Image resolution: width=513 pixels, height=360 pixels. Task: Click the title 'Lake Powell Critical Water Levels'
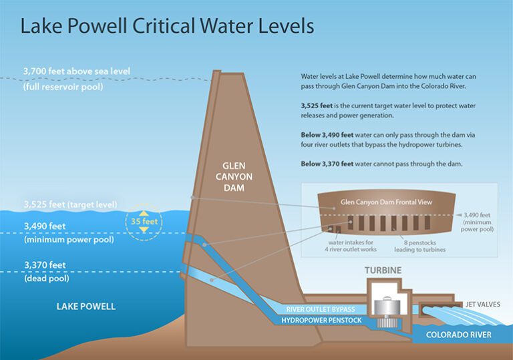(167, 26)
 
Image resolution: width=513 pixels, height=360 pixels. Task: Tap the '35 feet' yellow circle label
(144, 222)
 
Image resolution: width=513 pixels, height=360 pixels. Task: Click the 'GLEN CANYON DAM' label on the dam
(234, 177)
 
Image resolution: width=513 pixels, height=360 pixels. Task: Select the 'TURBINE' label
(383, 271)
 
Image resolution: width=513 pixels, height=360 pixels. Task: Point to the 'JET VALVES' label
(482, 305)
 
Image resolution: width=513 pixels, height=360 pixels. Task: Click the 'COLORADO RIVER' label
(458, 335)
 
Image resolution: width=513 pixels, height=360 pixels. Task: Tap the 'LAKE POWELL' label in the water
(86, 307)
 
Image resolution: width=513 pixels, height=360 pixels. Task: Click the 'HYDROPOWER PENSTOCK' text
(321, 320)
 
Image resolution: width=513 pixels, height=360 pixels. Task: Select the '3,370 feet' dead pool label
(45, 264)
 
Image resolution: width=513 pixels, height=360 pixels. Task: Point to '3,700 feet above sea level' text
(77, 71)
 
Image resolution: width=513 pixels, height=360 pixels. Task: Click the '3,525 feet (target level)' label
(70, 204)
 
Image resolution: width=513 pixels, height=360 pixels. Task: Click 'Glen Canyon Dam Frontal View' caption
(386, 202)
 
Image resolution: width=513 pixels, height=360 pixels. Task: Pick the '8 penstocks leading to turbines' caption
(419, 246)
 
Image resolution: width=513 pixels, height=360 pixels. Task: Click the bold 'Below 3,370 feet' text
(327, 164)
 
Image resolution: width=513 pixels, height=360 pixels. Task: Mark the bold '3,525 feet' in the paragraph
(317, 106)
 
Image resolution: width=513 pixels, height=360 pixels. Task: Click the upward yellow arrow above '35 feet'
(144, 213)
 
